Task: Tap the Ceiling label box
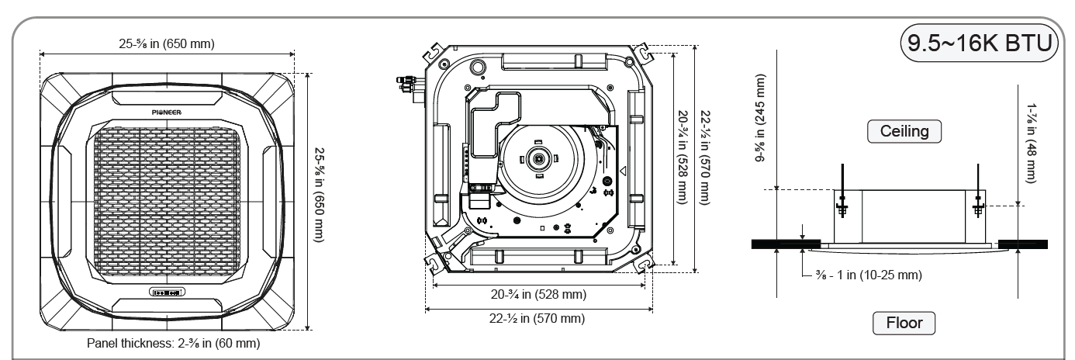904,131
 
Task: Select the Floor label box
904,320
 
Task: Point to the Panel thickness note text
173,342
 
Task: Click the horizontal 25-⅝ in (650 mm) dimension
167,43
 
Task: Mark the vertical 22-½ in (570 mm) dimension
703,157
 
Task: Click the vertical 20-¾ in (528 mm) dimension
681,157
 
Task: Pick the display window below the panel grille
167,292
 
